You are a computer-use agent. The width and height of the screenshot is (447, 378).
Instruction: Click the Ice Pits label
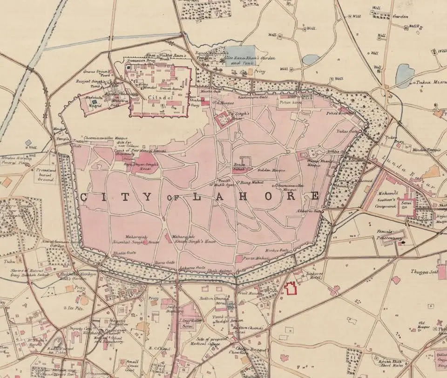pyautogui.click(x=76, y=308)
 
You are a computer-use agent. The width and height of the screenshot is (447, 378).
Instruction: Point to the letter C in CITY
pyautogui.click(x=84, y=197)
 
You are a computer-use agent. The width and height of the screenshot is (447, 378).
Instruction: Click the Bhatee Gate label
pyautogui.click(x=124, y=253)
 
